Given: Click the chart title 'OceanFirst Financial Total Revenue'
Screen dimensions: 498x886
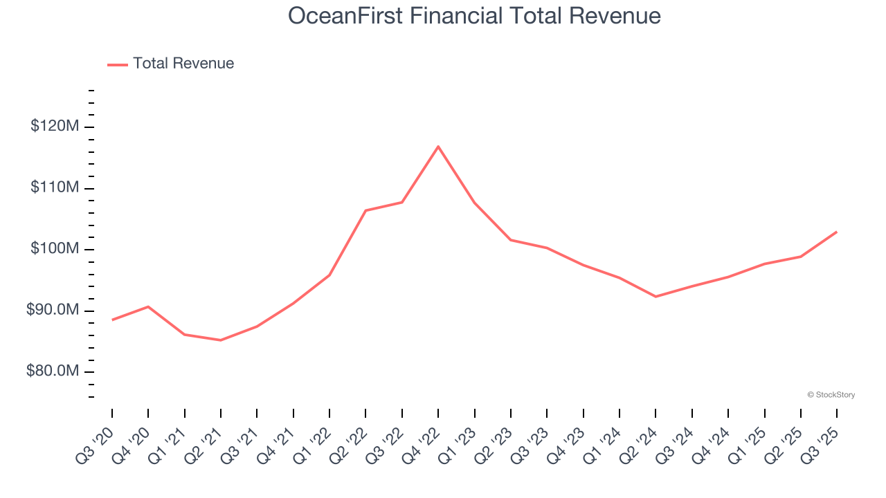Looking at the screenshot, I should coord(474,15).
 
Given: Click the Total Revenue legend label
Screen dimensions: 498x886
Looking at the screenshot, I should coord(183,64).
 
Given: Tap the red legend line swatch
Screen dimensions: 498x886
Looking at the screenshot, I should coord(118,64).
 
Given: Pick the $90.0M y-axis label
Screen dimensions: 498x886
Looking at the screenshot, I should coord(53,311).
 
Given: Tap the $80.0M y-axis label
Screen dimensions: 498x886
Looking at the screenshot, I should coord(53,371).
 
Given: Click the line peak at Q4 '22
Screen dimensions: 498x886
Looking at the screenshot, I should coord(438,147).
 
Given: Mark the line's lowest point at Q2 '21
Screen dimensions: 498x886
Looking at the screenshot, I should coord(221,340).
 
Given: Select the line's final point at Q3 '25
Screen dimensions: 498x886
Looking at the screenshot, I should coord(837,232).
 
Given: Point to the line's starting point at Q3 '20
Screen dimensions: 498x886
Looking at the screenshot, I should coord(112,320).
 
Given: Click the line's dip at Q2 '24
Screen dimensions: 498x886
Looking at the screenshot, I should coord(656,297).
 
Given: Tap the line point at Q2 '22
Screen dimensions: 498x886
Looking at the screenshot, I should coord(365,210).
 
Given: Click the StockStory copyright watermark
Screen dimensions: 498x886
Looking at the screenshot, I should coord(831,395).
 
